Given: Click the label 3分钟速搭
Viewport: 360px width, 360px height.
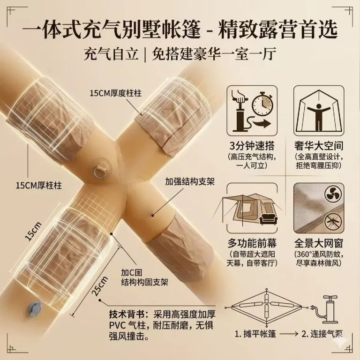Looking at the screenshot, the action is point(252,146).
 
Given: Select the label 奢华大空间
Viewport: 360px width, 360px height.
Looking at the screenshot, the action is point(319,146).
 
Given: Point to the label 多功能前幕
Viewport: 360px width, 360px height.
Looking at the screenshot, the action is point(252,243).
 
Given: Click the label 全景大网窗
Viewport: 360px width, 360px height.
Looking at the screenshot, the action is point(319,243).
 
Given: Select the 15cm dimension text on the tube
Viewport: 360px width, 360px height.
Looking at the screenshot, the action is point(33,231).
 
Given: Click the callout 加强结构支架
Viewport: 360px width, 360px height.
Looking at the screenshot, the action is point(190,182).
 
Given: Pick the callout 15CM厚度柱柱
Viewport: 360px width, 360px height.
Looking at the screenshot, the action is point(116,93).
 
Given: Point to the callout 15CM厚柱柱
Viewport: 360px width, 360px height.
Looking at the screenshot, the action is point(39,185).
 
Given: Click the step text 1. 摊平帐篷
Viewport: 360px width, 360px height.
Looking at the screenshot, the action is point(255,334).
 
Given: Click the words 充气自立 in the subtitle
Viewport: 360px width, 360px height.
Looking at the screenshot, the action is point(111,54).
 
